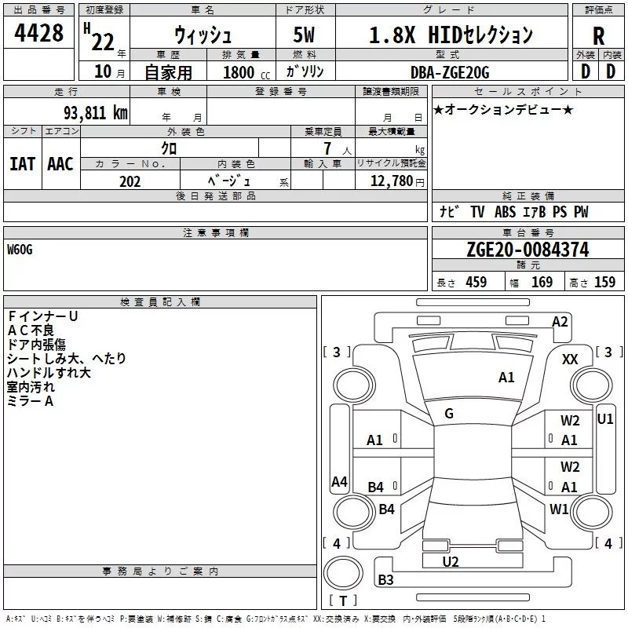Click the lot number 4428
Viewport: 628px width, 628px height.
[x=38, y=33]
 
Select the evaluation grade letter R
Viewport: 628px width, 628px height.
[x=598, y=36]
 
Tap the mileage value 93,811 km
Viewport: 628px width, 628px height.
[x=96, y=112]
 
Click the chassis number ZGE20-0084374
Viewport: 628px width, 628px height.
[x=528, y=250]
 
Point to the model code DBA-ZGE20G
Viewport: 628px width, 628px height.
[x=450, y=72]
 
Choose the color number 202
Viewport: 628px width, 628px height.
[x=130, y=181]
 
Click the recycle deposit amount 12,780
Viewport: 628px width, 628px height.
[x=391, y=181]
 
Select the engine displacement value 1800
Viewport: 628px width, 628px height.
[x=239, y=72]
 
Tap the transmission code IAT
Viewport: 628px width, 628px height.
[x=22, y=164]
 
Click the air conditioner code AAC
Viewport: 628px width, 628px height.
[x=60, y=164]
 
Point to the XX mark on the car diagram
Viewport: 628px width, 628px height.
[x=570, y=360]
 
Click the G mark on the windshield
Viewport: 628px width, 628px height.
[x=449, y=414]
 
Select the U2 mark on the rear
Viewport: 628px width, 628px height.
[x=450, y=562]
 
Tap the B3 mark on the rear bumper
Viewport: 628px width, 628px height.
[x=385, y=579]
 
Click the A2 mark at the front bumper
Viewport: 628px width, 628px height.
[x=560, y=322]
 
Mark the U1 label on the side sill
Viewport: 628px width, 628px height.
[x=604, y=419]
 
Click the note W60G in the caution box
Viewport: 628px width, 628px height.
[x=20, y=250]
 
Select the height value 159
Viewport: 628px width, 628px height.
[x=604, y=282]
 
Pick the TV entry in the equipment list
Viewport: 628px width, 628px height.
[x=477, y=212]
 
